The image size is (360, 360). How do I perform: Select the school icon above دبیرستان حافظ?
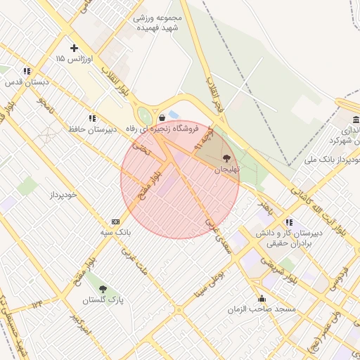[x=91, y=118]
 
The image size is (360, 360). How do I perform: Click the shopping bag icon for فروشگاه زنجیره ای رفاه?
[x=162, y=117]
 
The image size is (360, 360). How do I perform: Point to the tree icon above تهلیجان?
[x=226, y=158]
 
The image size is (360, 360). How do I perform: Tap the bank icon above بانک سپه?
[x=115, y=221]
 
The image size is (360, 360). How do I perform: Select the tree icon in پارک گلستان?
[x=103, y=289]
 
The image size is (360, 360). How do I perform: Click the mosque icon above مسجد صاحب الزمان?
[x=262, y=299]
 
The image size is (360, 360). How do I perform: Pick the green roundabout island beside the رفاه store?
[x=146, y=117]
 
